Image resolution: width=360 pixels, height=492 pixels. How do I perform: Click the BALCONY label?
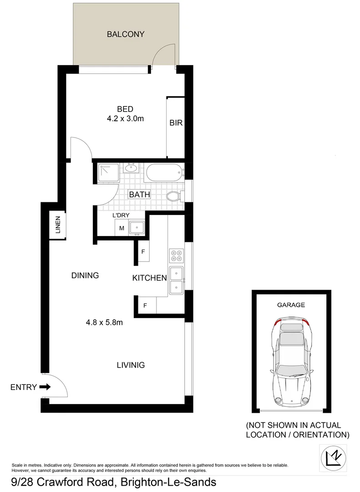pyautogui.click(x=125, y=34)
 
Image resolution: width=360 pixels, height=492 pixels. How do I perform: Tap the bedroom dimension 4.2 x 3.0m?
pyautogui.click(x=125, y=119)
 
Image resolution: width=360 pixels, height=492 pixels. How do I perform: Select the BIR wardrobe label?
pyautogui.click(x=176, y=123)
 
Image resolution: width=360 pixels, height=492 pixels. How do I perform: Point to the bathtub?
pyautogui.click(x=164, y=174)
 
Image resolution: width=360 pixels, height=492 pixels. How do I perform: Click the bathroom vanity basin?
pyautogui.click(x=131, y=169)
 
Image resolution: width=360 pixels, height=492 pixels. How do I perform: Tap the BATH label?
pyautogui.click(x=139, y=195)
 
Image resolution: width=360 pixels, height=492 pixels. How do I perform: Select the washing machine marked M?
pyautogui.click(x=122, y=228)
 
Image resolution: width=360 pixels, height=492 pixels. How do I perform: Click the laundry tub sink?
pyautogui.click(x=137, y=227)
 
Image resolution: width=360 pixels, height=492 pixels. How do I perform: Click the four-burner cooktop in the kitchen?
pyautogui.click(x=176, y=256)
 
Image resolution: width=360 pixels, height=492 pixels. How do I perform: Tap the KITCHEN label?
pyautogui.click(x=149, y=278)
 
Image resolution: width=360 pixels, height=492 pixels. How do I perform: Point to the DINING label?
pyautogui.click(x=85, y=275)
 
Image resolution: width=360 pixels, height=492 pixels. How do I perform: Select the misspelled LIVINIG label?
pyautogui.click(x=131, y=365)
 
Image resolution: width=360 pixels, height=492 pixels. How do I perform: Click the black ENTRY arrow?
pyautogui.click(x=45, y=387)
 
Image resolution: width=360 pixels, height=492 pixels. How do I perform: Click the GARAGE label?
pyautogui.click(x=291, y=305)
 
